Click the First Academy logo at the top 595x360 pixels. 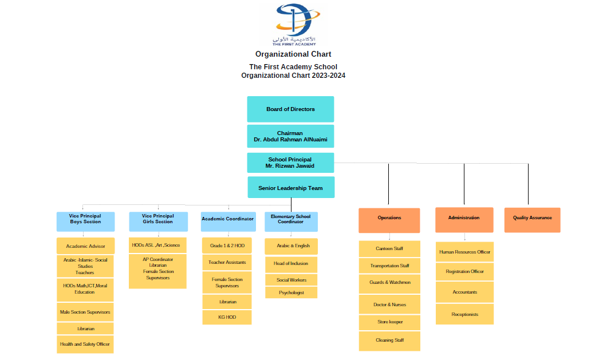[293, 25]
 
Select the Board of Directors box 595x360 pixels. [290, 109]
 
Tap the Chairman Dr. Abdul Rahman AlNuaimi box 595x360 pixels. [290, 136]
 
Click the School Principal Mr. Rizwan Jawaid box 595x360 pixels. [290, 163]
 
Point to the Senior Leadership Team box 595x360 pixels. [290, 188]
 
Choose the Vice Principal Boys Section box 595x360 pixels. [85, 221]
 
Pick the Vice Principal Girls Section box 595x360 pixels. [157, 221]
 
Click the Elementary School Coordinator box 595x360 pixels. [291, 221]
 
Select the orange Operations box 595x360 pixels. [389, 220]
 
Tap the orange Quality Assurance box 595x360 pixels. [532, 220]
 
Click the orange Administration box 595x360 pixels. [464, 220]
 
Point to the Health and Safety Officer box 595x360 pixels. [85, 344]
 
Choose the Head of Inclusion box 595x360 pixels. [291, 264]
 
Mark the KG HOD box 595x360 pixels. [227, 317]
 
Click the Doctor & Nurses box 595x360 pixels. [389, 304]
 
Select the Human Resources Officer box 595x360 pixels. [464, 252]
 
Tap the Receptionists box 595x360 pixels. [464, 314]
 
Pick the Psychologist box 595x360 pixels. [291, 292]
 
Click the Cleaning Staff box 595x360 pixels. [389, 341]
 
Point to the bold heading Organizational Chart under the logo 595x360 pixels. [293, 54]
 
